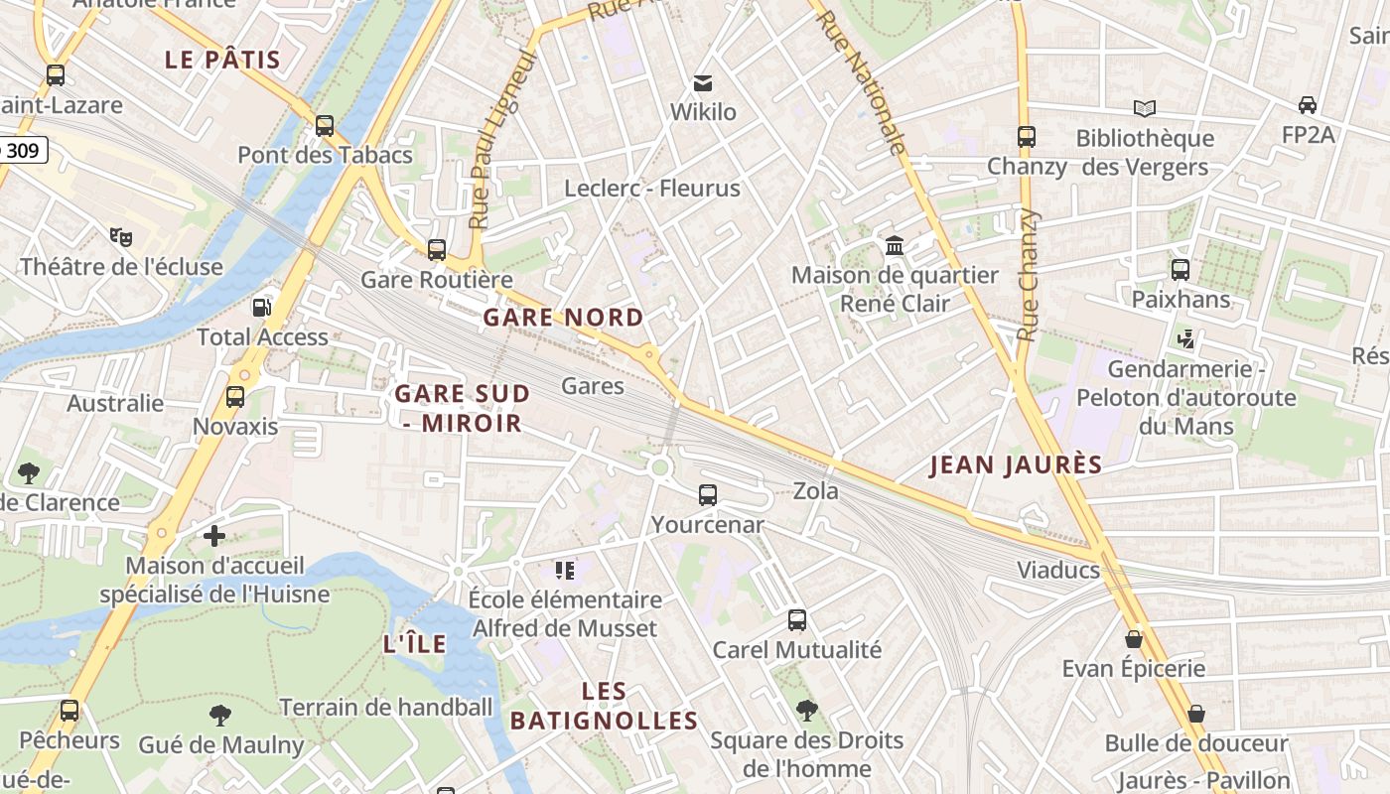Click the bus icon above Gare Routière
[x=436, y=250]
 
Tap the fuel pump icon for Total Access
[x=262, y=308]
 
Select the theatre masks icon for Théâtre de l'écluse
[x=121, y=236]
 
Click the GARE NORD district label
[x=563, y=318]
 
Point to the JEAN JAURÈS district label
[x=1016, y=465]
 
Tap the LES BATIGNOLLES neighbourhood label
[x=604, y=706]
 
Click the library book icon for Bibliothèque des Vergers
[x=1145, y=108]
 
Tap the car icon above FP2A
[x=1308, y=105]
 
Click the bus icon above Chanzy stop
[x=1027, y=137]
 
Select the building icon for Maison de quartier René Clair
[x=895, y=245]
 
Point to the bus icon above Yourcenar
[x=708, y=494]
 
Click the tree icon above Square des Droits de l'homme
[x=807, y=711]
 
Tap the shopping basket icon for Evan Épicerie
[x=1134, y=639]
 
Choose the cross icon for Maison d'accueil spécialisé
[x=214, y=536]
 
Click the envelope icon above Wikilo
[x=703, y=82]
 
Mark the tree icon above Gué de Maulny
[x=220, y=715]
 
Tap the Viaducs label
[x=1058, y=570]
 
